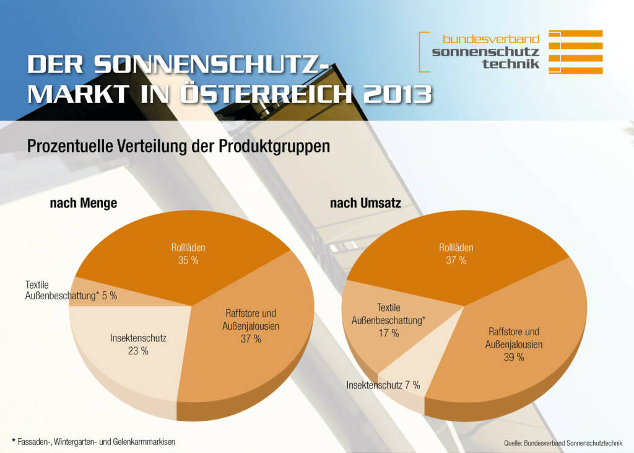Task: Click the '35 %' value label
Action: pos(188,260)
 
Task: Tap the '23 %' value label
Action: pos(138,351)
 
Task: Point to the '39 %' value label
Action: pos(513,357)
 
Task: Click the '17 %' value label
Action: pos(388,333)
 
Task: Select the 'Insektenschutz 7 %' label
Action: pos(383,385)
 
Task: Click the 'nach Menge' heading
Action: pos(83,203)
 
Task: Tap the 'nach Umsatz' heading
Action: pos(365,203)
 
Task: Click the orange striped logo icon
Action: pos(575,52)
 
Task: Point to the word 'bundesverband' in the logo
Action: pos(491,39)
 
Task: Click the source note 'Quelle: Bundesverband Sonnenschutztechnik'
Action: pos(563,443)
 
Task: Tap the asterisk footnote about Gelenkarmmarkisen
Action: pos(93,442)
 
